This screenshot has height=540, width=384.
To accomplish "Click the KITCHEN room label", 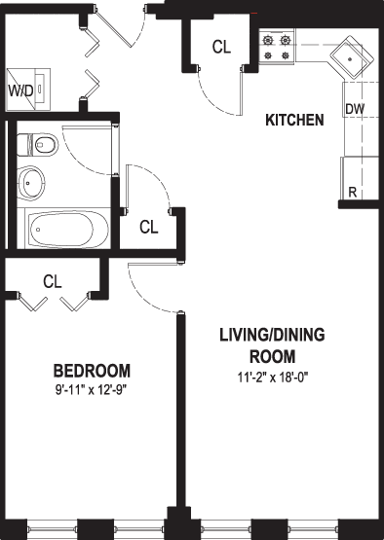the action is click(x=294, y=120).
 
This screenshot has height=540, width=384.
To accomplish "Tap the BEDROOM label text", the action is click(x=93, y=371).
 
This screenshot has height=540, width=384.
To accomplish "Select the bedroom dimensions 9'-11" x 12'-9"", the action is click(x=92, y=390).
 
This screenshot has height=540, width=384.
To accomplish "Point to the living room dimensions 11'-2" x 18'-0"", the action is click(x=273, y=378).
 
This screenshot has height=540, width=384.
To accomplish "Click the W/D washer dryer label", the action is click(x=20, y=90).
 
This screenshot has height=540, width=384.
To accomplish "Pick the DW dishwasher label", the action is click(x=355, y=109).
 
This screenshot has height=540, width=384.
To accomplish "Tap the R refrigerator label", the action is click(x=352, y=193).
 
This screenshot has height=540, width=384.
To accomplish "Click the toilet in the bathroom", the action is click(x=37, y=145).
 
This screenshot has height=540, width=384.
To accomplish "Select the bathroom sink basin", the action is click(x=31, y=183).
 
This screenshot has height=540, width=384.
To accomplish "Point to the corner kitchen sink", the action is click(x=352, y=57).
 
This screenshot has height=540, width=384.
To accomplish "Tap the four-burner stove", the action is click(x=277, y=47).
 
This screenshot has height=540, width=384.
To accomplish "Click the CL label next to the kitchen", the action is click(x=221, y=47).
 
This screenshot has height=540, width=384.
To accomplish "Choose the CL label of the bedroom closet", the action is click(x=53, y=281).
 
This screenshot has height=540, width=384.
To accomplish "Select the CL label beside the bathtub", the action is click(x=149, y=227).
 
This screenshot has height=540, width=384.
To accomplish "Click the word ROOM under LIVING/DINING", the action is click(x=273, y=356).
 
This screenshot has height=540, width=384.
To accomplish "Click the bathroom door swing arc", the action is click(x=77, y=160).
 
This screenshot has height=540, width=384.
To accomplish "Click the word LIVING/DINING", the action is click(x=273, y=335).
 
